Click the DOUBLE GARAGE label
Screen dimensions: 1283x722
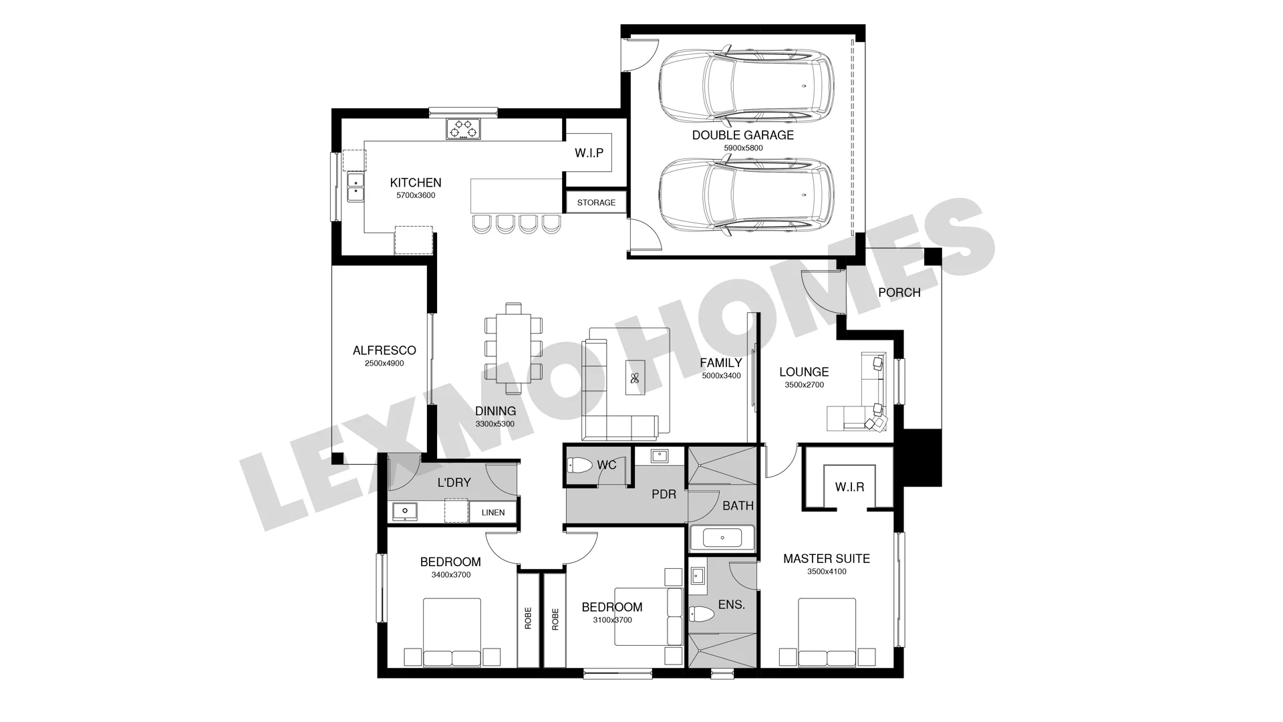click(x=742, y=135)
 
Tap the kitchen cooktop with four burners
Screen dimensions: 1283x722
click(x=464, y=129)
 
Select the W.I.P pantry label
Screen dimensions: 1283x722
click(x=589, y=153)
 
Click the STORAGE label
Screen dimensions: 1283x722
click(x=596, y=203)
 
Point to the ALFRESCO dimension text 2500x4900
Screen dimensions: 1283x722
click(x=384, y=364)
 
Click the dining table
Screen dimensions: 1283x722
click(x=513, y=348)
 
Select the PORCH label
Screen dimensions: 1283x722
click(x=899, y=293)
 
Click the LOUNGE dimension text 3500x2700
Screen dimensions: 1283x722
click(x=804, y=385)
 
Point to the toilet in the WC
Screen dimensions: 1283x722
click(x=580, y=465)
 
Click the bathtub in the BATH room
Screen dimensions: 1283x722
click(x=722, y=538)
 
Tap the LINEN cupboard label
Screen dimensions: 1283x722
click(x=493, y=513)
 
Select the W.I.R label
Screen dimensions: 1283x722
click(x=849, y=487)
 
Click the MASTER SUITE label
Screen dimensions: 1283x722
click(x=827, y=559)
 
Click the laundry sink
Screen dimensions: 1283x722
click(x=405, y=512)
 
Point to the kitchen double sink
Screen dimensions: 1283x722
click(x=355, y=187)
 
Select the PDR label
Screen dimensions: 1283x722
click(x=664, y=495)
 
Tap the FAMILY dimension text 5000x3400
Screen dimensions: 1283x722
click(x=721, y=376)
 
